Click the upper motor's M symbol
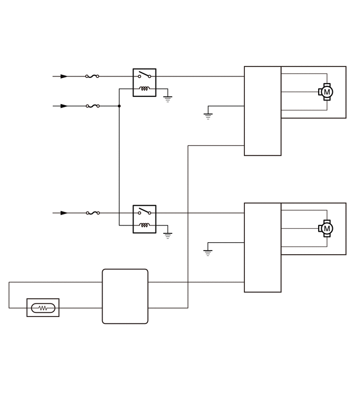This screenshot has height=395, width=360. click(x=328, y=92)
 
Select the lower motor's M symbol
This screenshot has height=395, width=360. click(x=328, y=229)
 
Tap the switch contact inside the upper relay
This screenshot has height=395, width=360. click(x=144, y=75)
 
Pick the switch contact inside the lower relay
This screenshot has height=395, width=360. click(x=144, y=212)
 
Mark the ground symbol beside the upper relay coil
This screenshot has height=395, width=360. click(x=167, y=98)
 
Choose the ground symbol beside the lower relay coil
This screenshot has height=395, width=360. click(x=167, y=235)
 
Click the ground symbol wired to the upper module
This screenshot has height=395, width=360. click(x=208, y=116)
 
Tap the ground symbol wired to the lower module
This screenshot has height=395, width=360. click(x=208, y=253)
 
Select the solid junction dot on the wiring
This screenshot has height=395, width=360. click(x=119, y=106)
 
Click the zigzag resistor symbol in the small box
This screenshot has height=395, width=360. click(x=43, y=308)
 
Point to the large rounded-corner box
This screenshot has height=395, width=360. click(x=125, y=296)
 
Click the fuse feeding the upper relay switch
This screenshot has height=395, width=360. click(x=92, y=76)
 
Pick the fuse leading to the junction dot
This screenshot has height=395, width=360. click(x=93, y=106)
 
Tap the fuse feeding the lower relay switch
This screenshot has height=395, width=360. click(x=93, y=213)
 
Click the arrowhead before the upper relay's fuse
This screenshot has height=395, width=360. click(x=64, y=76)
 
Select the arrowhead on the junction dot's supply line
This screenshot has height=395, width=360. click(x=64, y=106)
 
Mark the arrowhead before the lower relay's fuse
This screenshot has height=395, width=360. click(x=64, y=213)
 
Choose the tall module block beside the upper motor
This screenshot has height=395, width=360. click(x=263, y=111)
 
